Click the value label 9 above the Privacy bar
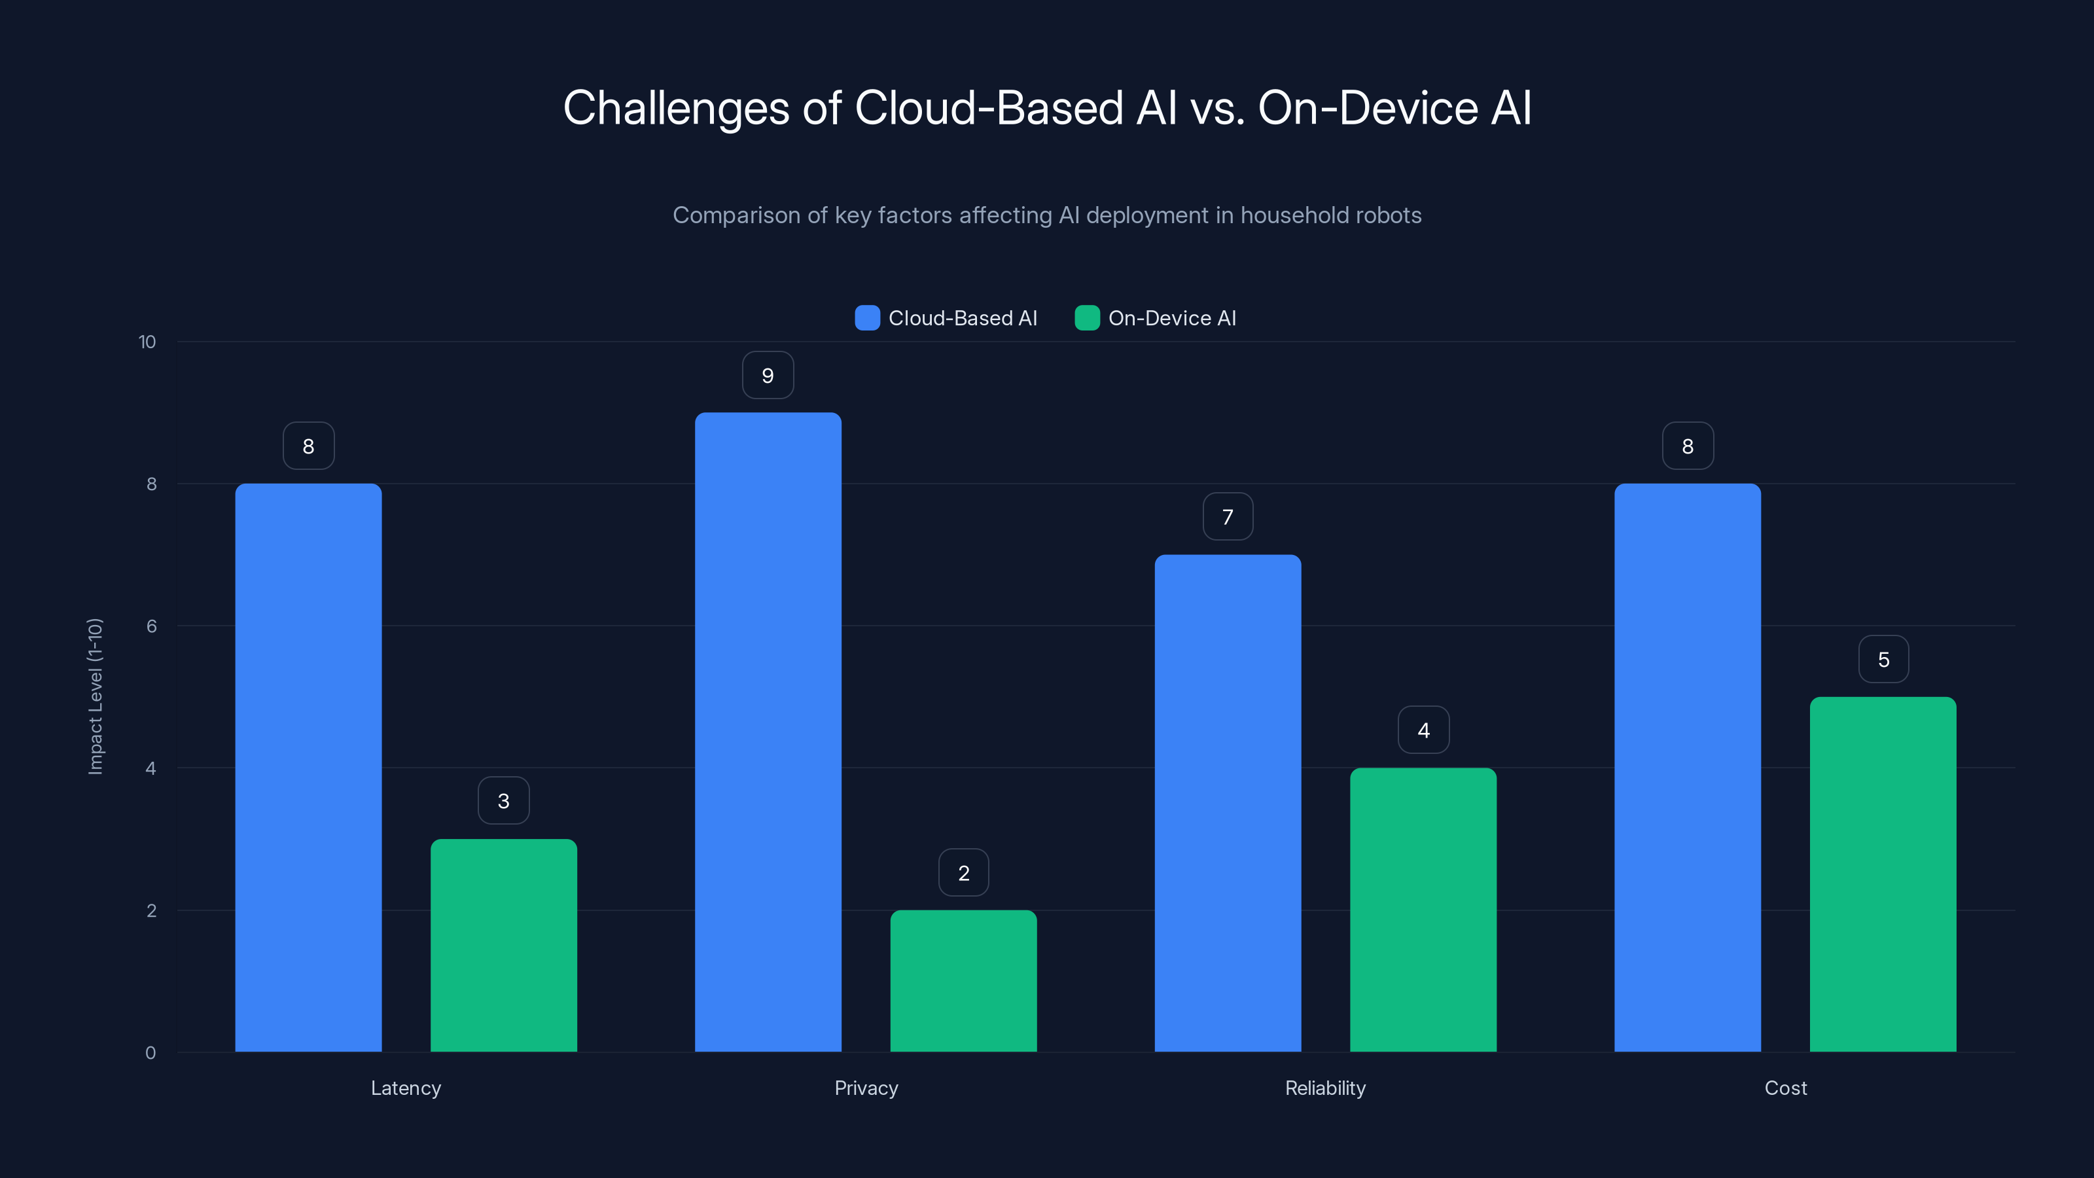tap(768, 376)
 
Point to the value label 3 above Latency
tap(503, 801)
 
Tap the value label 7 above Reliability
tap(1228, 517)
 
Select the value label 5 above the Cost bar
tap(1883, 659)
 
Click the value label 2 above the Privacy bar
tap(963, 873)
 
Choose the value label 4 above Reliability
tap(1423, 730)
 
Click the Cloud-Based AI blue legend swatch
tap(867, 318)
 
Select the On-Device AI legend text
tap(1171, 318)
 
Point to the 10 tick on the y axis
tap(147, 342)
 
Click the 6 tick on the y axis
tap(151, 626)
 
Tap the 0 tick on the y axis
tap(151, 1053)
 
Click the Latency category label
tap(406, 1088)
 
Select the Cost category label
tap(1785, 1088)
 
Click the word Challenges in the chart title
tap(675, 108)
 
